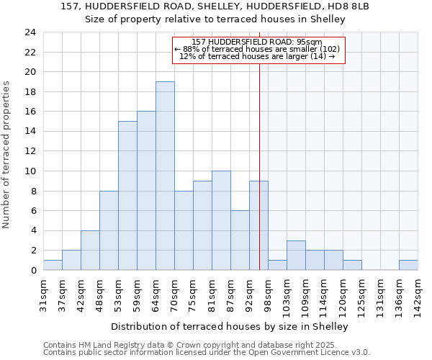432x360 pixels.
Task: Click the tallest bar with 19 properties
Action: point(165,176)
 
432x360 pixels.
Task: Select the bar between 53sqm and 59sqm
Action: point(127,195)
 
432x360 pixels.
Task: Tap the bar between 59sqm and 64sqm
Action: point(146,191)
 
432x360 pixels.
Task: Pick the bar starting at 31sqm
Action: point(53,265)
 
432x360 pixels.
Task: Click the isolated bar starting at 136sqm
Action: point(408,265)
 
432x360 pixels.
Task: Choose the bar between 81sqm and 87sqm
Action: point(221,220)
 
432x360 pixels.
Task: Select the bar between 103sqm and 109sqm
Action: point(296,255)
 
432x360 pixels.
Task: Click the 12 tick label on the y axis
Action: point(30,151)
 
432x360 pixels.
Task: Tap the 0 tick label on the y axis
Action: point(33,270)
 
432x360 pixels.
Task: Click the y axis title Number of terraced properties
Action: point(7,154)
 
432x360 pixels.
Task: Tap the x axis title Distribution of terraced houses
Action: point(230,326)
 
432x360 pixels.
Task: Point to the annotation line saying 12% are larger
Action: point(258,56)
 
